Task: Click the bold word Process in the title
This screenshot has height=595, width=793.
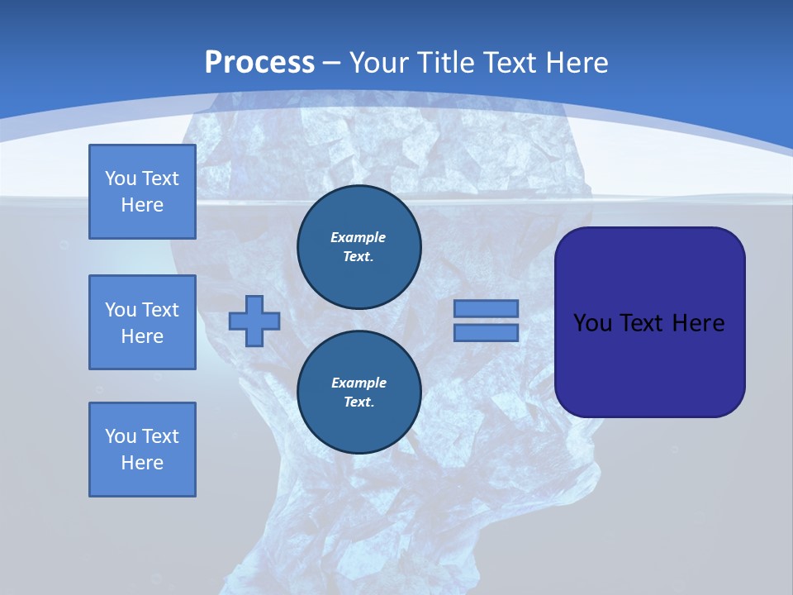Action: click(259, 63)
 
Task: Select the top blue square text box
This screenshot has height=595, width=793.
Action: click(142, 192)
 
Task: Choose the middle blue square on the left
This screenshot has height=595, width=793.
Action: click(142, 322)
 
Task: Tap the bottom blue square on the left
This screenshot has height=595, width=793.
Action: click(142, 450)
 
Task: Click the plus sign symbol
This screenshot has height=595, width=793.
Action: click(254, 321)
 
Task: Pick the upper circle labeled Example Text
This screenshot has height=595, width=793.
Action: click(359, 247)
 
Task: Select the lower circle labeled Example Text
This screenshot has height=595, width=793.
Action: click(359, 393)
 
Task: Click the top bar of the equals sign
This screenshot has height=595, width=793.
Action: click(486, 309)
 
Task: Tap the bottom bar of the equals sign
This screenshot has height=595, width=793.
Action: click(486, 333)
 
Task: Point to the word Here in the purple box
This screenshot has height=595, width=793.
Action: click(698, 323)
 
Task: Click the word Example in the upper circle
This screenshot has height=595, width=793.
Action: click(359, 237)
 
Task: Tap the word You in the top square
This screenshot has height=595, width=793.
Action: click(121, 178)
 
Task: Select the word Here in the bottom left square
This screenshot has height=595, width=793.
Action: click(142, 463)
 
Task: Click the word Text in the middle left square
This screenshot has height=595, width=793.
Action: click(160, 310)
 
